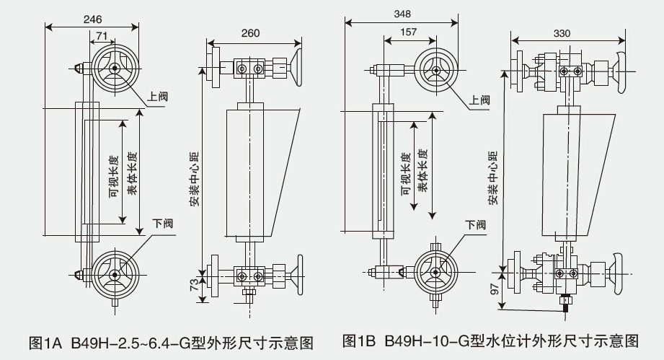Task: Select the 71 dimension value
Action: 102,35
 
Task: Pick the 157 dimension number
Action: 408,33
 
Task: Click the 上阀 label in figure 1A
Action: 157,95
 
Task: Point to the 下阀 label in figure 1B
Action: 475,224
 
